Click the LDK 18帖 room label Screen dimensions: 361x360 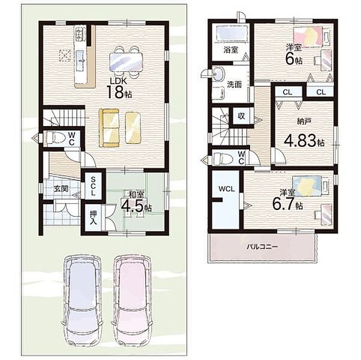(119, 88)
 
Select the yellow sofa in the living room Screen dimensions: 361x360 (109, 128)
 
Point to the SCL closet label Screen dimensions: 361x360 (93, 186)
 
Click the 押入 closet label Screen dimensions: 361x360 (93, 217)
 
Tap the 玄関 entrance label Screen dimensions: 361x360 (61, 188)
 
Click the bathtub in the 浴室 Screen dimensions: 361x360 (231, 34)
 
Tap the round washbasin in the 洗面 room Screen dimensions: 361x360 (218, 74)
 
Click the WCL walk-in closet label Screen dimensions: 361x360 (227, 189)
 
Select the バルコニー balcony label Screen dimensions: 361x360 (262, 247)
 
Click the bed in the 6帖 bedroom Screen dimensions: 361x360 (308, 37)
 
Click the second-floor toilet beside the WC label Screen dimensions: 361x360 (222, 158)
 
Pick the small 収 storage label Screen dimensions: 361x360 (241, 116)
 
